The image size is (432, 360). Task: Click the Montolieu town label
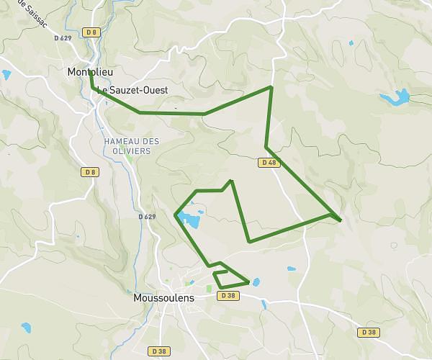pos(91,72)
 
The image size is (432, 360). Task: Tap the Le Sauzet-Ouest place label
pos(132,91)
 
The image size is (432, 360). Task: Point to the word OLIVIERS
pos(130,151)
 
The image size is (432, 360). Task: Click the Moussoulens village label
pos(164,297)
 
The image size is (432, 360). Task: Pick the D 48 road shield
pos(267,163)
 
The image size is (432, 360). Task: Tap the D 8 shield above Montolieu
pos(90,32)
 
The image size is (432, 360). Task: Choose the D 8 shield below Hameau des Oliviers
pos(89,172)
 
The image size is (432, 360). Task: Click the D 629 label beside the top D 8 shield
pos(63,37)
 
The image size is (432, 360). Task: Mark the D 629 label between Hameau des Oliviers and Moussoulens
pos(147,216)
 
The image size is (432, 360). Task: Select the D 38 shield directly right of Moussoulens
pos(228,295)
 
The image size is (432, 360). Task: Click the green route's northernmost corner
pos(271,87)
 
